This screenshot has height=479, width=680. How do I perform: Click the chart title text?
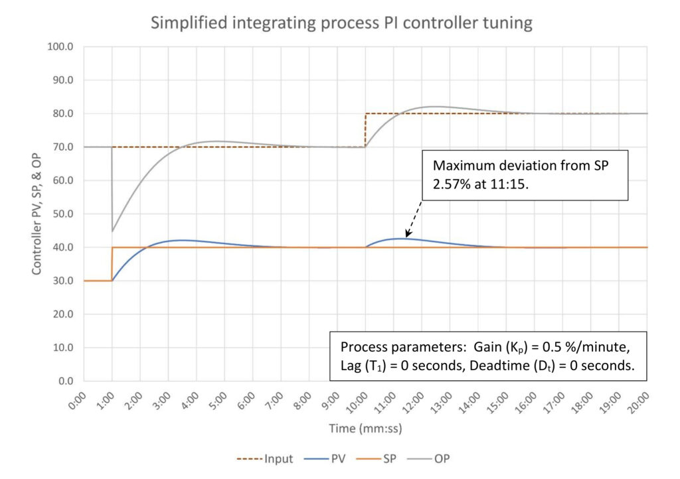pos(341,23)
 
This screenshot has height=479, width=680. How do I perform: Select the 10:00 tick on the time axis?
pos(360,401)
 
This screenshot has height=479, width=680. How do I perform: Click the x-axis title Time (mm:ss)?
pos(365,429)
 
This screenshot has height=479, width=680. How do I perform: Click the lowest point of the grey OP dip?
pos(112,231)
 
